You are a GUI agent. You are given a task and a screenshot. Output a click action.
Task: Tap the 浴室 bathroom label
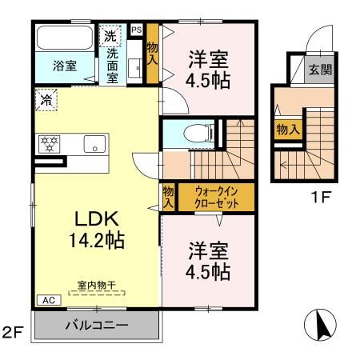[66, 66]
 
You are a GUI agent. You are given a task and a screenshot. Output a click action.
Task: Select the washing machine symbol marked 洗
[108, 37]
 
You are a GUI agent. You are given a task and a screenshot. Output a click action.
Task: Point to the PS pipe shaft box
[136, 29]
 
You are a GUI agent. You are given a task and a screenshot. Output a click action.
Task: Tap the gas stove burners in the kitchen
[50, 145]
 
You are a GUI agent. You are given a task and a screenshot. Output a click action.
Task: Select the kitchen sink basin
[94, 145]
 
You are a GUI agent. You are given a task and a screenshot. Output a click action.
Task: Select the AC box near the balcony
[46, 301]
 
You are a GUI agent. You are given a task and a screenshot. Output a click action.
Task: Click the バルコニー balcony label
[96, 326]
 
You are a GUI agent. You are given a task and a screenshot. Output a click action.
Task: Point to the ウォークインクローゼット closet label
[214, 197]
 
